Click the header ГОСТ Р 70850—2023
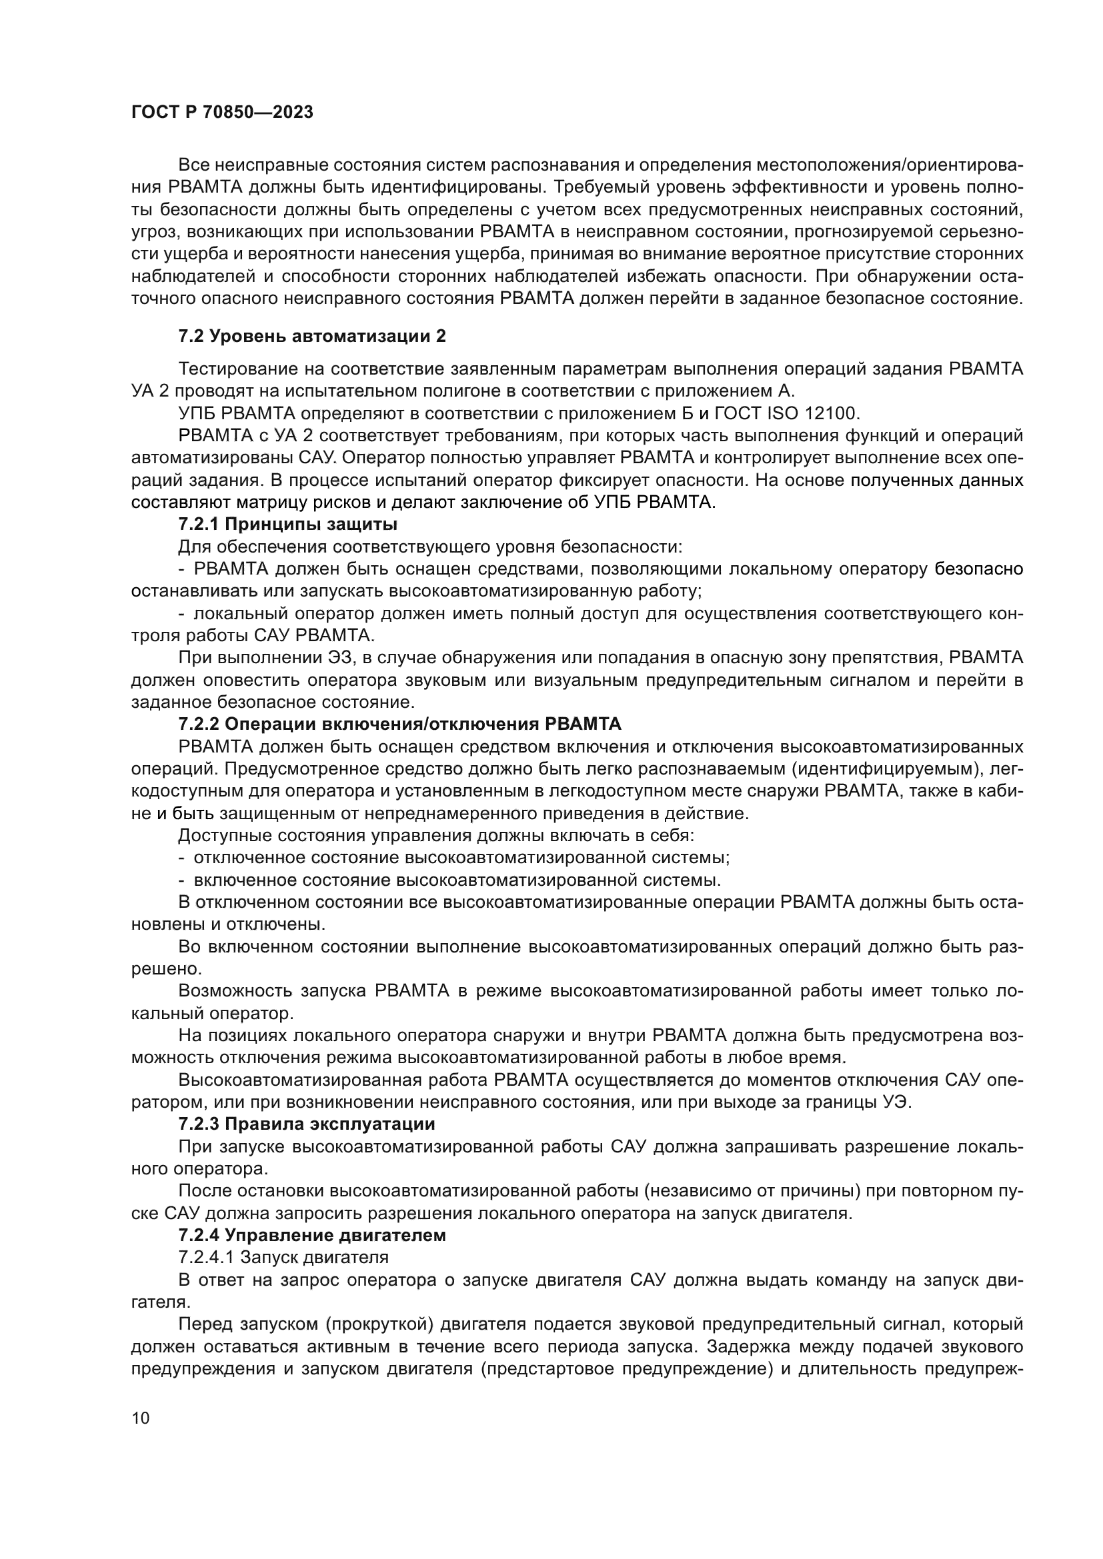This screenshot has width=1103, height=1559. click(222, 113)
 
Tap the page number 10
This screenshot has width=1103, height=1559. click(141, 1418)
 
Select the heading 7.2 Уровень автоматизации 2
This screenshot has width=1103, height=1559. click(311, 336)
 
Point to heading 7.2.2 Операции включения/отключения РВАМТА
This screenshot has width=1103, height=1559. click(399, 724)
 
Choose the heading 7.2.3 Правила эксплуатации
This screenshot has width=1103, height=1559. click(306, 1124)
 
